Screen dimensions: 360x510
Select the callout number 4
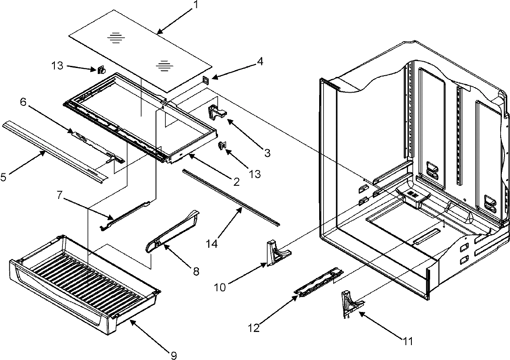(x=260, y=61)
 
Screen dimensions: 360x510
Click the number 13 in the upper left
(x=57, y=66)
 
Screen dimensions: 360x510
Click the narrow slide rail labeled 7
(x=125, y=217)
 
